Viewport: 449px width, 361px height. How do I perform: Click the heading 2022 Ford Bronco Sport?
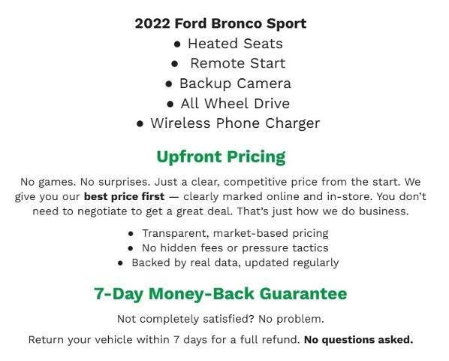(221, 23)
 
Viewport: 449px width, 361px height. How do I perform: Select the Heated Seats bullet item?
(234, 43)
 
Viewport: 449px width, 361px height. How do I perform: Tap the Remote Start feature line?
(237, 63)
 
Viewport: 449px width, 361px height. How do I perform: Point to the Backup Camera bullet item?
(234, 83)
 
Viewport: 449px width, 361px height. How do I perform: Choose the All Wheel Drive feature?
(234, 103)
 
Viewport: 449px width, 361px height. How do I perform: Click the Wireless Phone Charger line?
(234, 123)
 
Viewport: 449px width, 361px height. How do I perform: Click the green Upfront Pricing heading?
(221, 157)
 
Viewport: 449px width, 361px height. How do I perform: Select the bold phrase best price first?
(124, 196)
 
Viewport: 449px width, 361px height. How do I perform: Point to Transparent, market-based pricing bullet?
(235, 233)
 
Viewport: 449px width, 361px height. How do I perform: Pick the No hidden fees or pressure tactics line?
(235, 247)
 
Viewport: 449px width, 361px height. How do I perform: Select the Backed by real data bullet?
(235, 262)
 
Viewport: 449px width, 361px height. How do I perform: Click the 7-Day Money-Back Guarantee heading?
(221, 293)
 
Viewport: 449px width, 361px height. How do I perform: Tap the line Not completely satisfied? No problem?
(221, 318)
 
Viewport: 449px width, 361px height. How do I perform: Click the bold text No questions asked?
(358, 339)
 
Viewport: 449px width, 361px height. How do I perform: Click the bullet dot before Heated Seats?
(177, 44)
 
